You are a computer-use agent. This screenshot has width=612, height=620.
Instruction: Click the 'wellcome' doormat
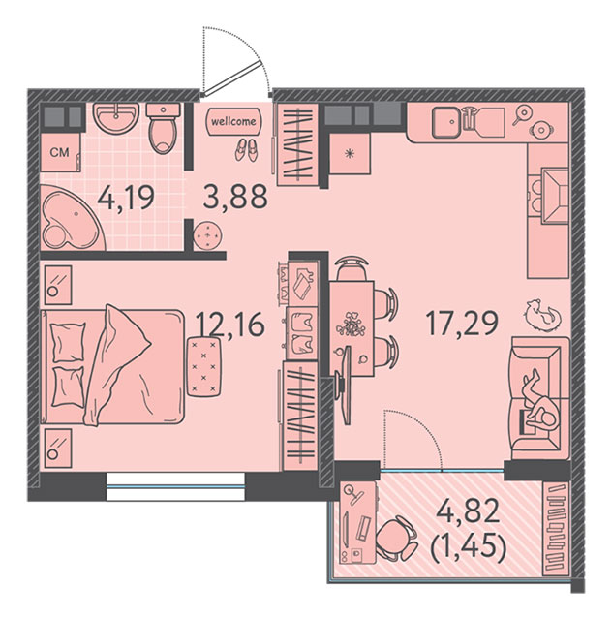coord(233,120)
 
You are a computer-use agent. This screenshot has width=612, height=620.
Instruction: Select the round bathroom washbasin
coord(116,117)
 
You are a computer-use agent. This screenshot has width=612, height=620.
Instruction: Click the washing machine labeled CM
coord(60,152)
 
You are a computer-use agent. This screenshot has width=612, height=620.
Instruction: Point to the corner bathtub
coord(71,217)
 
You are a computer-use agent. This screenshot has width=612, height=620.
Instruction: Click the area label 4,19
coord(126,198)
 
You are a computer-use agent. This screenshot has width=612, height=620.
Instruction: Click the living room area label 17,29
coord(462,323)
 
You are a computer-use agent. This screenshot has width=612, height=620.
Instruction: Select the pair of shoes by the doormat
coord(246,151)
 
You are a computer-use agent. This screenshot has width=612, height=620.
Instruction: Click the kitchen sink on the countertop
coord(446,122)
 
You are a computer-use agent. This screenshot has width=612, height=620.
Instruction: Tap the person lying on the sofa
coord(539,403)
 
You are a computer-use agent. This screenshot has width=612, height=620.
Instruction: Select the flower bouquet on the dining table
coord(350,324)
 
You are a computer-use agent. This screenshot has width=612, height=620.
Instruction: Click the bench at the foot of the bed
coord(203,366)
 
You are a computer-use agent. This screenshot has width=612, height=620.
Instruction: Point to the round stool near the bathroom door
coord(207,235)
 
